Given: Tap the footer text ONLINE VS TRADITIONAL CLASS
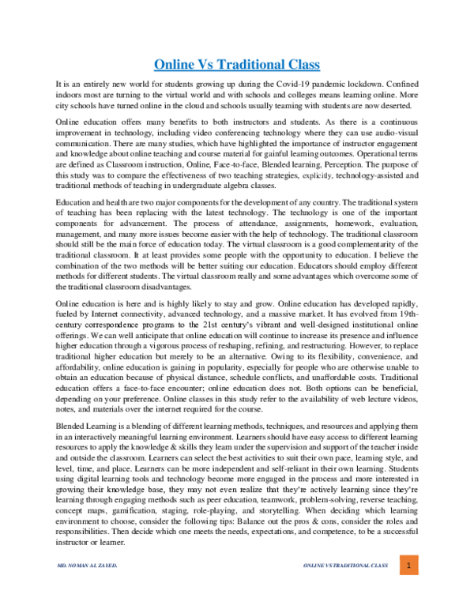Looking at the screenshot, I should point(345,589).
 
